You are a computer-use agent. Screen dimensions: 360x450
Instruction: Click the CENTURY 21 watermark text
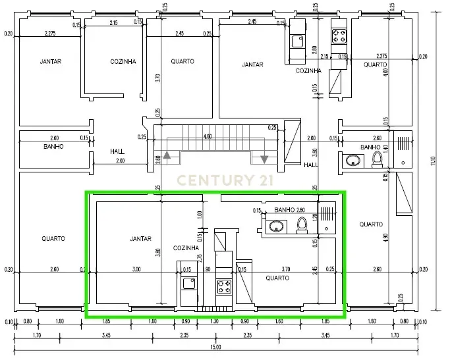224,180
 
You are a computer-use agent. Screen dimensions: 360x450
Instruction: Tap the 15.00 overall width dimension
215,347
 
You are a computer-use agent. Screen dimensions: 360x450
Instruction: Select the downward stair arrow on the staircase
264,159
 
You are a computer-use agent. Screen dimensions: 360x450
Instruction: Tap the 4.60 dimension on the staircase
208,137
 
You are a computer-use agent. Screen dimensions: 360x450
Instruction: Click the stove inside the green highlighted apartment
224,287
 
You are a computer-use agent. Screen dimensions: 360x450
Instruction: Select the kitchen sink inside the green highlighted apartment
188,284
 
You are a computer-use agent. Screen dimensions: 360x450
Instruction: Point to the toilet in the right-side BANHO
377,159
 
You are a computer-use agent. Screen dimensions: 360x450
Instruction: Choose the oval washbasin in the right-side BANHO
351,159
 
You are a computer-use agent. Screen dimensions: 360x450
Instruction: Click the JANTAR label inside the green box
140,239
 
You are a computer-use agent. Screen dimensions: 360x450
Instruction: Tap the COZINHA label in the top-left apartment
123,62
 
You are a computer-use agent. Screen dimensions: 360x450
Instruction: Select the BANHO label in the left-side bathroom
53,147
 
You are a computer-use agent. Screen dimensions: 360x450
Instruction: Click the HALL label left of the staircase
117,151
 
